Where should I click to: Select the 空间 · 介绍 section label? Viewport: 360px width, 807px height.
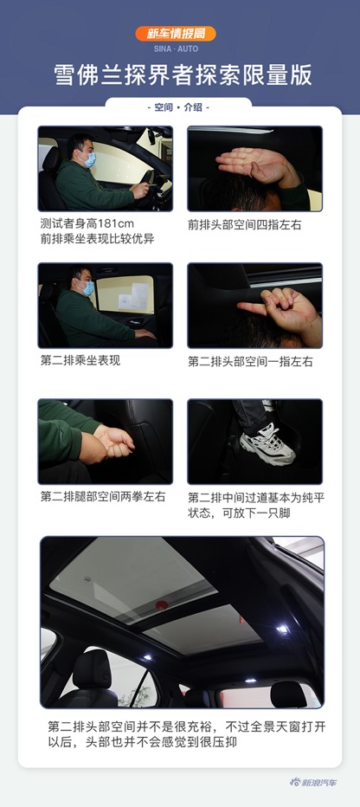[x=179, y=107]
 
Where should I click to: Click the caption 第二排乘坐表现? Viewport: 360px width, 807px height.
[x=80, y=360]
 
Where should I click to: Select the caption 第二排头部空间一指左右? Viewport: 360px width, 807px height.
[x=250, y=361]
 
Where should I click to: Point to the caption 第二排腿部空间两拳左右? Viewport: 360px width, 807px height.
[x=92, y=496]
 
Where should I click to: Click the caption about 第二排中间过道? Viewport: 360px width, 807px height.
[x=250, y=503]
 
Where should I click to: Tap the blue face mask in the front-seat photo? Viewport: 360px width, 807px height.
[x=87, y=158]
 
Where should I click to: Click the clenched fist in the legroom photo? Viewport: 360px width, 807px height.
[x=116, y=442]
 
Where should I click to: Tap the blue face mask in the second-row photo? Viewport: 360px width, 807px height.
[x=86, y=289]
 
